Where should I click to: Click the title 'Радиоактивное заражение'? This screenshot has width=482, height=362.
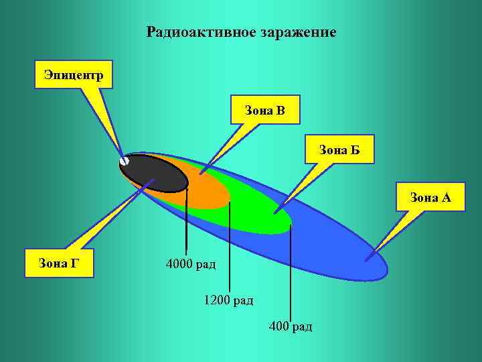241,32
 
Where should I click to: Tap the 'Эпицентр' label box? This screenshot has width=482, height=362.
74,74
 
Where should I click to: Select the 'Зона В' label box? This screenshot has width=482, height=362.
265,110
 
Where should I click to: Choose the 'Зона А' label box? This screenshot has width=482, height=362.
430,197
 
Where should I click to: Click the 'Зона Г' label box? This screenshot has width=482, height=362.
59,262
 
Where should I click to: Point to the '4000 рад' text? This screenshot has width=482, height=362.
191,264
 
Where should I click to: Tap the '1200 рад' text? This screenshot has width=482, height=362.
228,300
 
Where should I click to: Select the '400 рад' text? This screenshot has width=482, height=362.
290,326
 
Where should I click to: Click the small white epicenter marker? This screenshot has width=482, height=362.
125,161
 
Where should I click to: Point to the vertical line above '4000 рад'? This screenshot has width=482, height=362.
187,221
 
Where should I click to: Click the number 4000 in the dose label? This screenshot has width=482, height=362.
179,264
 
